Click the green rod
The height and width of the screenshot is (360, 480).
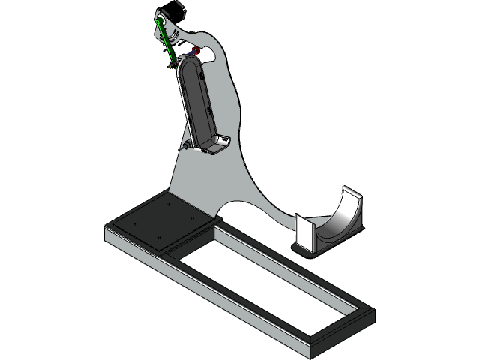click(166, 41)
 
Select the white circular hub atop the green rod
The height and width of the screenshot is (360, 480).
click(160, 19)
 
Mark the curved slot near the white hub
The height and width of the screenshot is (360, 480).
click(174, 34)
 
